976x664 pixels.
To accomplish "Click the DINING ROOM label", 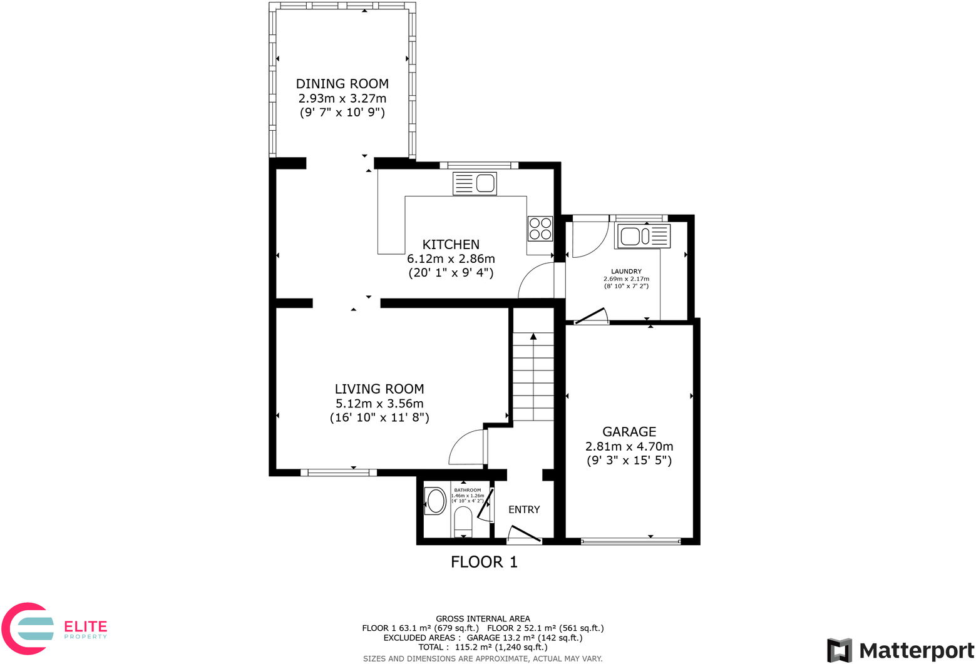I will click(x=342, y=84).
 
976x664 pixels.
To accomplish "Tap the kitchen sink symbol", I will click(x=475, y=183).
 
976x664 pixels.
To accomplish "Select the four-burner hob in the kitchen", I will click(x=540, y=228).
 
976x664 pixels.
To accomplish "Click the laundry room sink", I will click(x=643, y=236).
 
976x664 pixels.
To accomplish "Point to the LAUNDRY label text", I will click(x=626, y=272).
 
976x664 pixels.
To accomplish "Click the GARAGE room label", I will click(x=629, y=432).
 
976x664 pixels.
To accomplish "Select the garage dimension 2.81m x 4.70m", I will click(x=629, y=446).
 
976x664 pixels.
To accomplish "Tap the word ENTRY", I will click(x=524, y=509).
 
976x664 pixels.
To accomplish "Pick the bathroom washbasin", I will click(x=436, y=501).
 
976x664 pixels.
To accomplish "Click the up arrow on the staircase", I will click(x=533, y=337).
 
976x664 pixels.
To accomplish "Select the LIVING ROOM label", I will click(x=379, y=389).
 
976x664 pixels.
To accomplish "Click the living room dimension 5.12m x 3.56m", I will click(x=379, y=404).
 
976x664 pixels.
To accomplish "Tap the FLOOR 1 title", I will click(x=484, y=562).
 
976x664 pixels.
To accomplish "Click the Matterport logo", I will click(x=901, y=650).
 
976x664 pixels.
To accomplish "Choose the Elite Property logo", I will click(x=55, y=628).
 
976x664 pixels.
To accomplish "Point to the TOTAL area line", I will click(x=483, y=647).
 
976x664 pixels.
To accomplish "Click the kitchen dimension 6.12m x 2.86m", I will click(x=451, y=258).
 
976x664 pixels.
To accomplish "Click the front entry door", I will click(x=524, y=534).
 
